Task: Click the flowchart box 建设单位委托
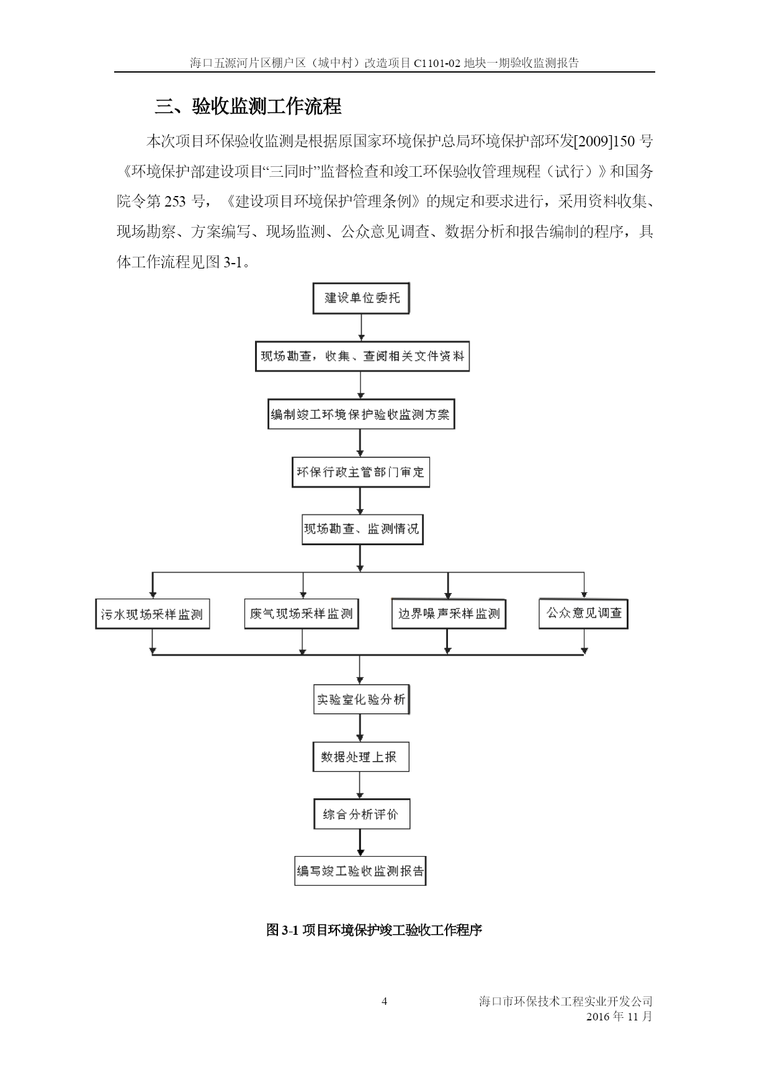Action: [361, 298]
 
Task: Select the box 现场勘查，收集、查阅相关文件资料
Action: [362, 357]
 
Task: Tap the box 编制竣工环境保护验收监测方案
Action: [360, 414]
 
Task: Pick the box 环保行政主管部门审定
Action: [360, 473]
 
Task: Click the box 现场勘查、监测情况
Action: [362, 530]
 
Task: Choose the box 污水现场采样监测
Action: [153, 614]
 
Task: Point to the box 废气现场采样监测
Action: [302, 614]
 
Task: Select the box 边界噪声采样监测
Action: [449, 614]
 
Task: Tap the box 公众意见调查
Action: [583, 613]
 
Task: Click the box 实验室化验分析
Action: [361, 700]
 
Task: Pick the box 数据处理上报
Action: [360, 757]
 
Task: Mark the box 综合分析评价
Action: [361, 814]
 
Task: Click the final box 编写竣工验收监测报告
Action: [360, 871]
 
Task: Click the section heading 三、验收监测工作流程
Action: [248, 106]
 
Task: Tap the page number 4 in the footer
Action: [384, 1001]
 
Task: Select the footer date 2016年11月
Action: [619, 1017]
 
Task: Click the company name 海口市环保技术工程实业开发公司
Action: [566, 1001]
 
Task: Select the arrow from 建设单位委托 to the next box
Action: [361, 328]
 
